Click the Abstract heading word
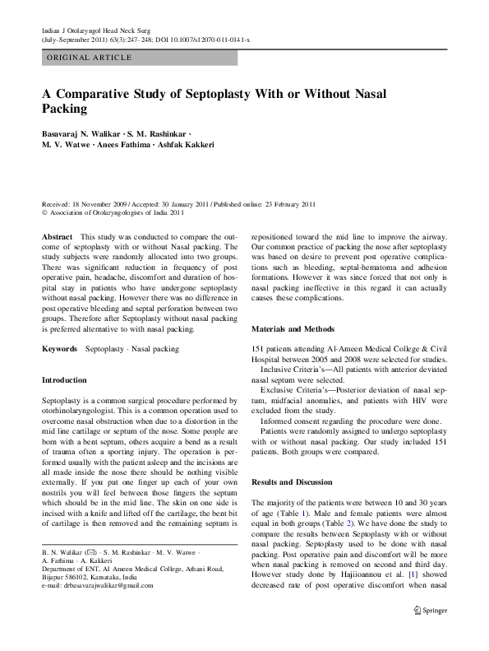pos(57,235)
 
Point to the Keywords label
pos(60,349)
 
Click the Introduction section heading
pos(64,380)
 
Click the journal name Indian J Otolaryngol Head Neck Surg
pos(97,30)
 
